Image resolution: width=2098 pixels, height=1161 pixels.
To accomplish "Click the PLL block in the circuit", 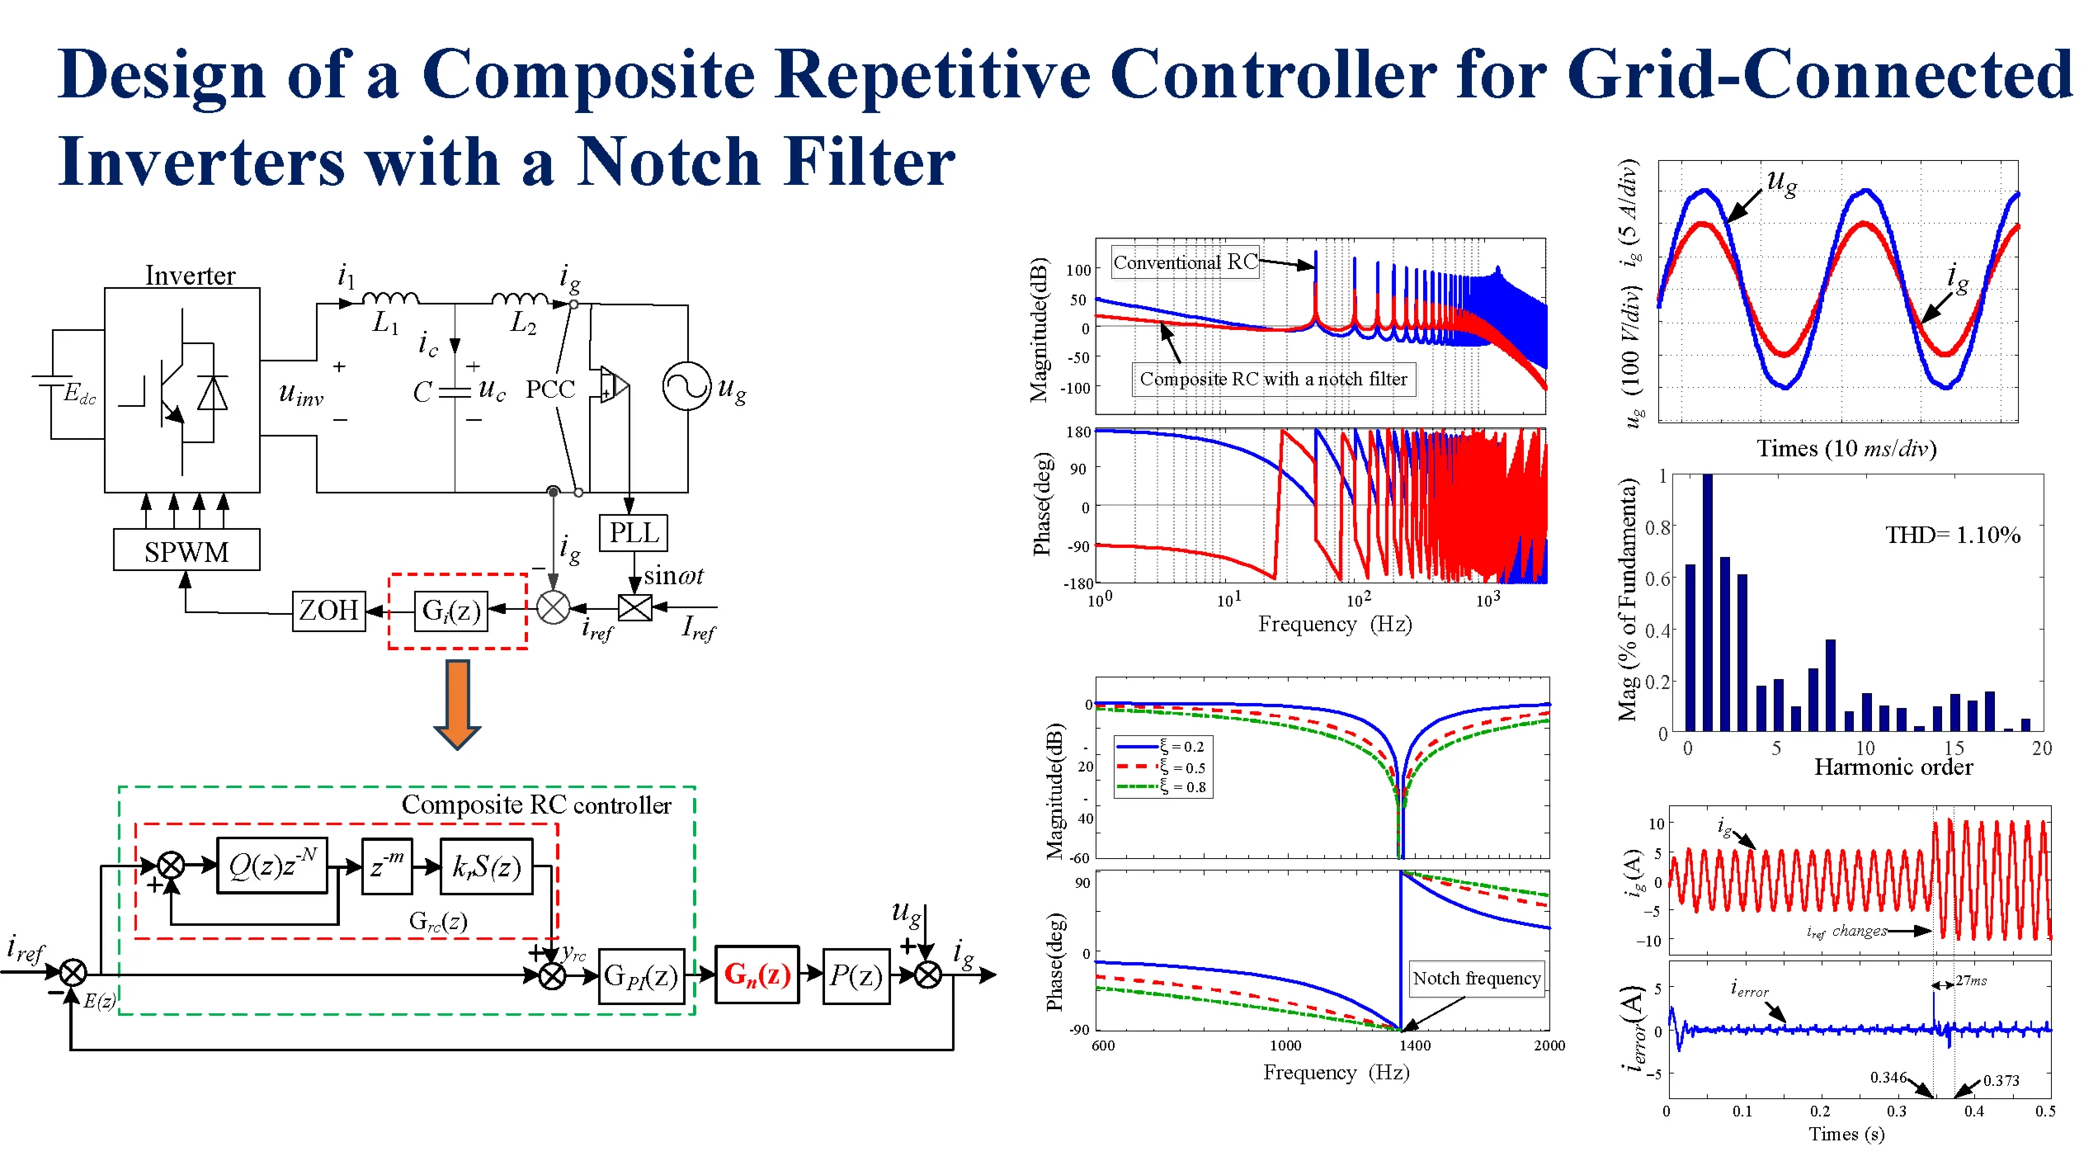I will tap(633, 533).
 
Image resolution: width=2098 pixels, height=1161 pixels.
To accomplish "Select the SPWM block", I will tap(186, 551).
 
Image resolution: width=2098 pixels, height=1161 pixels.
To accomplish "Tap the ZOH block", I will tap(328, 611).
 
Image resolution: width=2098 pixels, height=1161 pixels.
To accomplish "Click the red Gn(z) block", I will tap(757, 975).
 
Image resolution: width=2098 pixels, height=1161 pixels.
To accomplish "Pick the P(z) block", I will tap(856, 975).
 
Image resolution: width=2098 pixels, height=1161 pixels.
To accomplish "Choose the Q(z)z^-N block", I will tap(271, 866).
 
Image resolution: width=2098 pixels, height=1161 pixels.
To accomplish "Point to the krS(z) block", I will tap(486, 866).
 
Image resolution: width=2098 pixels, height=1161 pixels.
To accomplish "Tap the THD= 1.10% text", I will tap(1952, 535).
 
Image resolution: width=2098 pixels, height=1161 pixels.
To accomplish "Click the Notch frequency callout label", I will tap(1476, 979).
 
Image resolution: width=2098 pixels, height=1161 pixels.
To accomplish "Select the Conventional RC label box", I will tap(1185, 262).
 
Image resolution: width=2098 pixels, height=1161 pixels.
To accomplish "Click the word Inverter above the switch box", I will tap(190, 275).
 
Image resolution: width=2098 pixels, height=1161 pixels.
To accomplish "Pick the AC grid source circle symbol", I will tap(686, 386).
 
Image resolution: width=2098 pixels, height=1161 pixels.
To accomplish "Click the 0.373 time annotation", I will tap(2001, 1080).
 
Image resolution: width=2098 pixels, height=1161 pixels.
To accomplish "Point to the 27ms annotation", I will tap(1971, 980).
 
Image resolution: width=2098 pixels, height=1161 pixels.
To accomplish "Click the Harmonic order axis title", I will tap(1893, 767).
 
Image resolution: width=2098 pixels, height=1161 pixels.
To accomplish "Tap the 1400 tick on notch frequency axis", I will tap(1414, 1045).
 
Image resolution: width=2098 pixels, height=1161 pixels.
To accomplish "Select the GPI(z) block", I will tap(641, 976).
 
